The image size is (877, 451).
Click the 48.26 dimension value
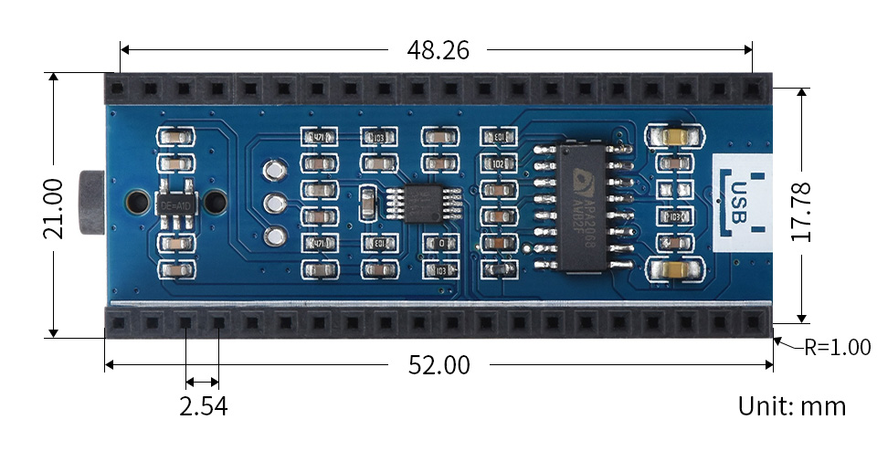[438, 50]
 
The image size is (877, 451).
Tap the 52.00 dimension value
[438, 366]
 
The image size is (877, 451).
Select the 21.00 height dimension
[54, 206]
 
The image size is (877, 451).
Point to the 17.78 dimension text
[803, 207]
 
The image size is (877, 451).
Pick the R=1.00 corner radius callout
[835, 347]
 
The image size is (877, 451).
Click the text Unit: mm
[791, 406]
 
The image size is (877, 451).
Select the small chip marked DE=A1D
[176, 204]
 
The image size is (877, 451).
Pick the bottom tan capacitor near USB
[676, 271]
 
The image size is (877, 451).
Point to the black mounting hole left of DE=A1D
[135, 202]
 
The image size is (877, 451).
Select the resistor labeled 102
[499, 164]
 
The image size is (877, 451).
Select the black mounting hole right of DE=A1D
[216, 202]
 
